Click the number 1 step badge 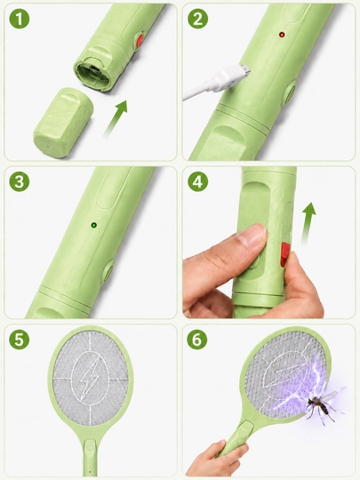[20, 19]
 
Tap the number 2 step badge [197, 19]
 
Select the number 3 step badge [20, 181]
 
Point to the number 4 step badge [197, 181]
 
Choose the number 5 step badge [20, 340]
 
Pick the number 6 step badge [197, 340]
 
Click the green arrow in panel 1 [115, 119]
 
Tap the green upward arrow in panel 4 [308, 223]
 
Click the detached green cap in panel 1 [63, 123]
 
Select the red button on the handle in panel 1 [140, 40]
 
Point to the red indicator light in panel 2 [281, 35]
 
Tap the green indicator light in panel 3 [93, 225]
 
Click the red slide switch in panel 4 [285, 254]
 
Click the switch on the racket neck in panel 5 [90, 446]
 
